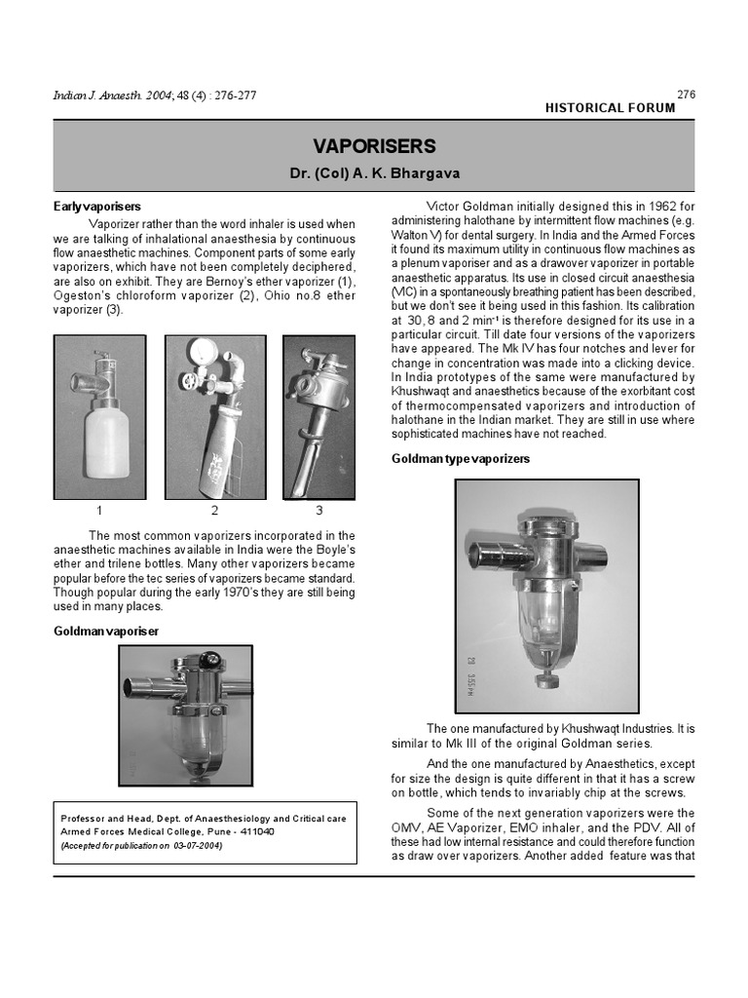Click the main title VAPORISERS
click(x=374, y=146)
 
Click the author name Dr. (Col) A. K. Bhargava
click(x=374, y=173)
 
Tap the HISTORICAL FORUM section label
click(x=610, y=108)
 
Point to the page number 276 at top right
click(x=685, y=95)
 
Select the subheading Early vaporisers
click(x=97, y=207)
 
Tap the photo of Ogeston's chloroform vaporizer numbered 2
click(x=214, y=417)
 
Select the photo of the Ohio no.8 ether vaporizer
click(x=318, y=417)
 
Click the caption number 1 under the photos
click(x=99, y=511)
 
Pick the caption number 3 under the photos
click(x=318, y=511)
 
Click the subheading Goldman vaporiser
click(x=105, y=632)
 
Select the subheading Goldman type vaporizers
click(x=461, y=459)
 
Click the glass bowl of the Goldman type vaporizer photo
click(x=543, y=624)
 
